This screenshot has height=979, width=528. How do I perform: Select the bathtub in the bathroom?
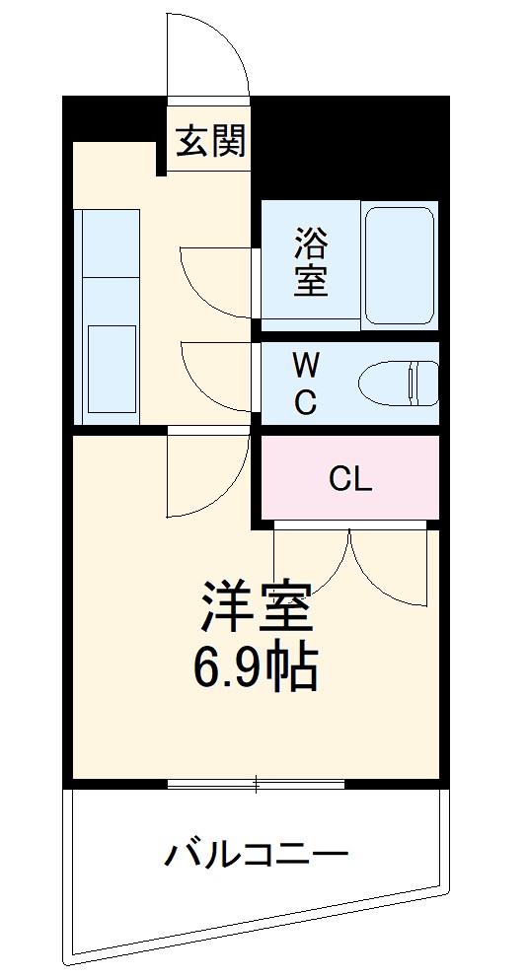[x=399, y=263]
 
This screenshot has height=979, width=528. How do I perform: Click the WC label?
[x=306, y=384]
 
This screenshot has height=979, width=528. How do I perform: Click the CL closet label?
[x=350, y=479]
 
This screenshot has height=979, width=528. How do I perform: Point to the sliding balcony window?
[x=256, y=785]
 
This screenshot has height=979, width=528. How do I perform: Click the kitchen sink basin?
[x=110, y=364]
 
